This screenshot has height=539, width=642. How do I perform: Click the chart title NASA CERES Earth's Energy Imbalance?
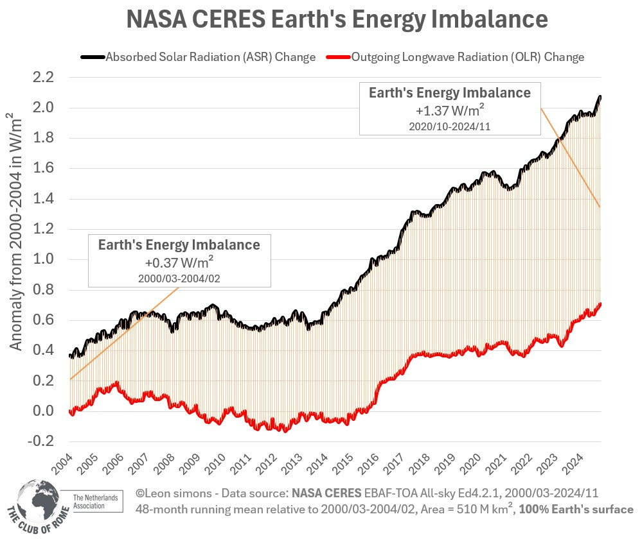pyautogui.click(x=337, y=20)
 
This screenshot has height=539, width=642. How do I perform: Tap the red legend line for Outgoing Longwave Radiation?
pyautogui.click(x=338, y=57)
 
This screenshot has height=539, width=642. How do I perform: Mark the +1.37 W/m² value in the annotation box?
pyautogui.click(x=449, y=110)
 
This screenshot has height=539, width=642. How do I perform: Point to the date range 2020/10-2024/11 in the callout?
pyautogui.click(x=449, y=126)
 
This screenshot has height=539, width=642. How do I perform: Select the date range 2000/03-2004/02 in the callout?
pyautogui.click(x=179, y=278)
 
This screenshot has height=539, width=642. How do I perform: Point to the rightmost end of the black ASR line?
pyautogui.click(x=600, y=96)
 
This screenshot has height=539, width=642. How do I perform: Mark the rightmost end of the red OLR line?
pyautogui.click(x=600, y=304)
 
